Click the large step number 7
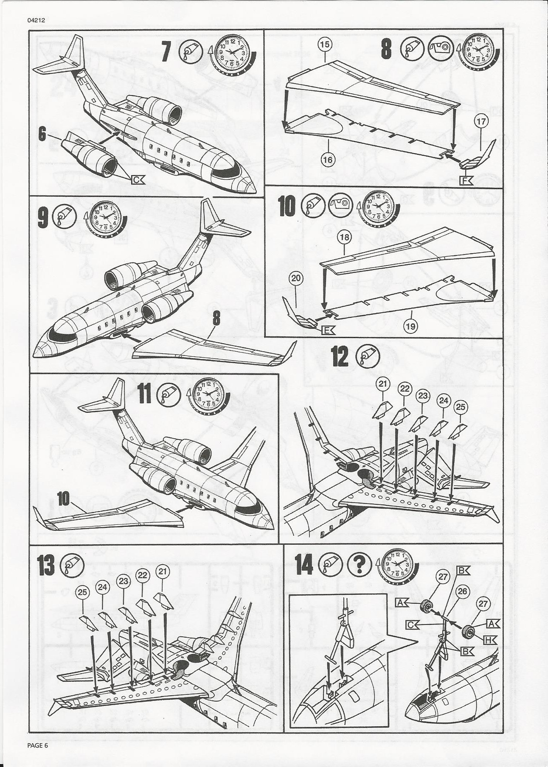point(167,53)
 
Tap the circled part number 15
point(326,45)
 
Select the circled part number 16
point(328,160)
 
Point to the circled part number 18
point(344,237)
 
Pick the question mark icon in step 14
point(359,565)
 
